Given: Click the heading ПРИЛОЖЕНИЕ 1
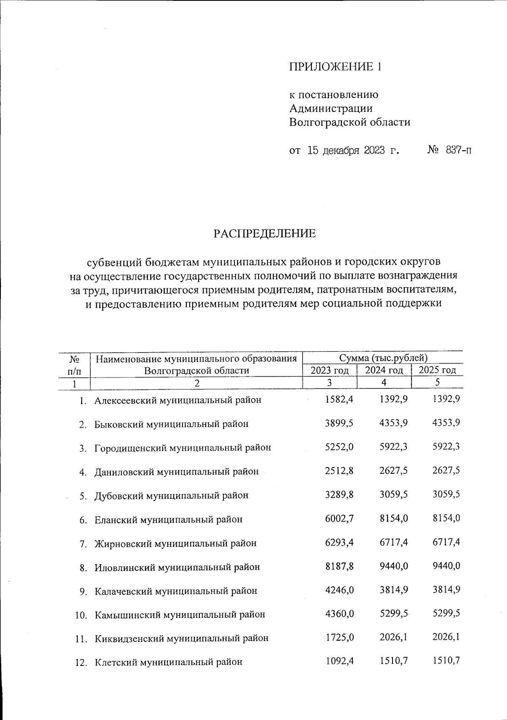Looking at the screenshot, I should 335,67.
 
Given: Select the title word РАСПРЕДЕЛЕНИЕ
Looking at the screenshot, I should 264,234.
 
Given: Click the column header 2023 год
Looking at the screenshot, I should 330,371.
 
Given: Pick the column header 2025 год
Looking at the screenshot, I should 437,370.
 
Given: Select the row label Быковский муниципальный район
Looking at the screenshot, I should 171,424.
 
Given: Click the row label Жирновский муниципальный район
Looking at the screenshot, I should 175,543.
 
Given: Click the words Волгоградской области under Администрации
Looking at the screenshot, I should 350,122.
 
